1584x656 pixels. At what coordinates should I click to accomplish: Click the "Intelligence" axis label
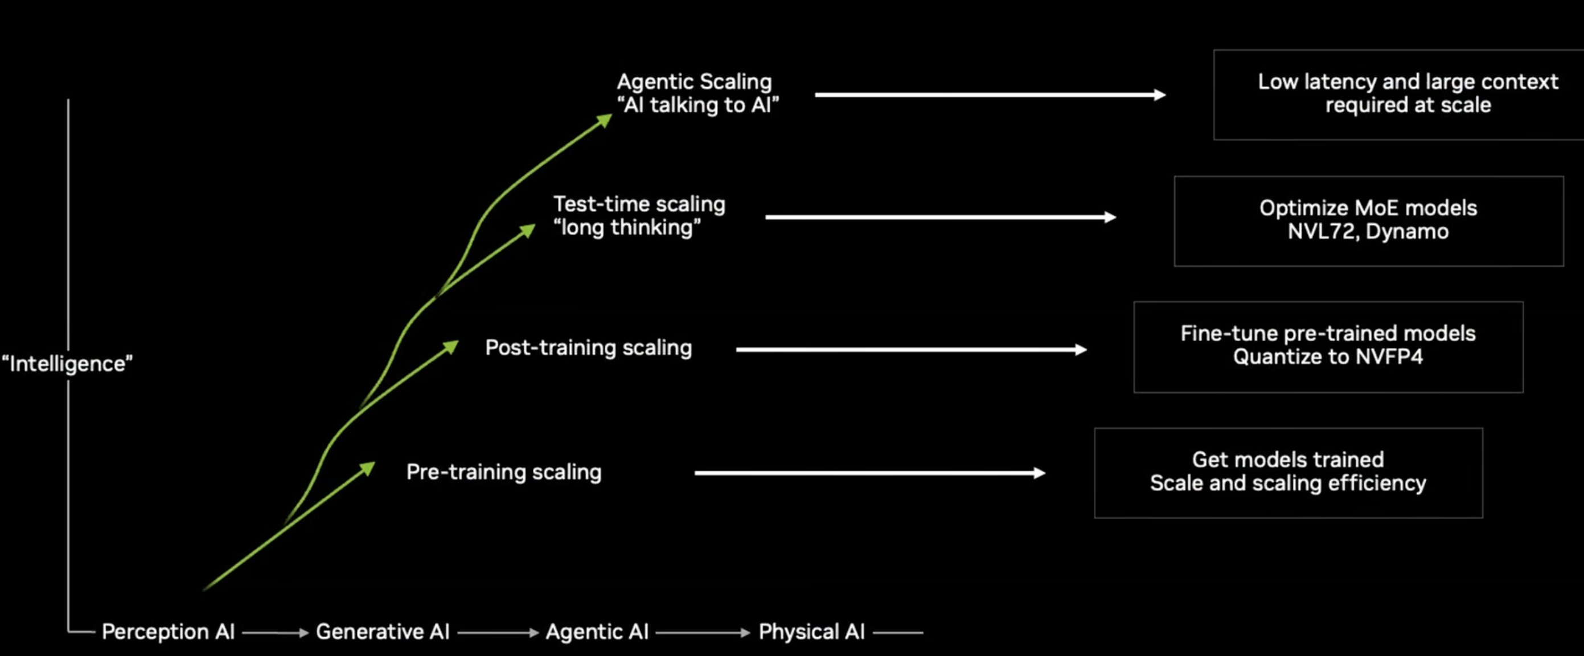tap(67, 363)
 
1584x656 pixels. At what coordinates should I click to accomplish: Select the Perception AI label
tap(168, 632)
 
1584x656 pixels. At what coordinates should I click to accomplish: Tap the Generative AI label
tap(383, 632)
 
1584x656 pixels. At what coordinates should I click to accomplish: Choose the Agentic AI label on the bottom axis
tap(597, 632)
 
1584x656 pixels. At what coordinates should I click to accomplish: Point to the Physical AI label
tap(812, 632)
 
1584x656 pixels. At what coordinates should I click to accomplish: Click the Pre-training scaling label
tap(503, 471)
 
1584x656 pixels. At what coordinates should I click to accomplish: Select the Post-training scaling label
tap(589, 347)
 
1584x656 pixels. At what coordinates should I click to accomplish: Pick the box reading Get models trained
tap(1288, 472)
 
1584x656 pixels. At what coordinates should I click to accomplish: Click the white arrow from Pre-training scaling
tap(869, 473)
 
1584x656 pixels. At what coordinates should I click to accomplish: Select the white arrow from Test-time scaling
tap(940, 217)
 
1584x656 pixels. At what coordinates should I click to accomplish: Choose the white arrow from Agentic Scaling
tap(990, 95)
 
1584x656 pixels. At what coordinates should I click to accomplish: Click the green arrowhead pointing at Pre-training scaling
tap(368, 468)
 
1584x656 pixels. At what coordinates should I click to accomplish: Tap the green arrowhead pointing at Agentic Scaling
tap(605, 119)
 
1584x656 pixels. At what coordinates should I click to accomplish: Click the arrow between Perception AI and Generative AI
tap(276, 633)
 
